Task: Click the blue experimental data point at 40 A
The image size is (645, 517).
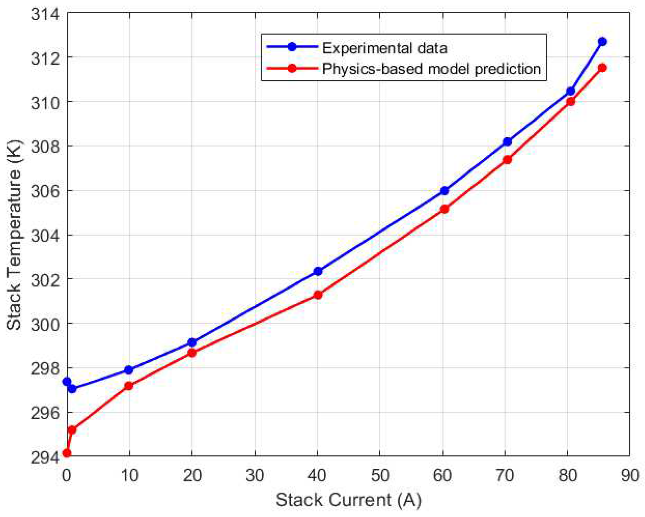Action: (x=318, y=271)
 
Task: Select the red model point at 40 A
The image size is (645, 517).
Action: (x=318, y=295)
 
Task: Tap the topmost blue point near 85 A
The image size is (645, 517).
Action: (x=602, y=42)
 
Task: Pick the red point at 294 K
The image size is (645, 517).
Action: (x=66, y=453)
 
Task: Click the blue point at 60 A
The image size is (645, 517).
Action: (x=444, y=191)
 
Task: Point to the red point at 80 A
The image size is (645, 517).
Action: (x=571, y=102)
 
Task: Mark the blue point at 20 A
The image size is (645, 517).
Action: (x=192, y=342)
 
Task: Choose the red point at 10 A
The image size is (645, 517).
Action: (x=129, y=386)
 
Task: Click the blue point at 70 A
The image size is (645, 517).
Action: (x=507, y=142)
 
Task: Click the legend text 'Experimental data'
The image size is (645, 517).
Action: (x=384, y=48)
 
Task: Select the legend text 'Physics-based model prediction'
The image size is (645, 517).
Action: (x=431, y=69)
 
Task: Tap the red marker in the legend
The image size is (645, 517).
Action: (x=292, y=68)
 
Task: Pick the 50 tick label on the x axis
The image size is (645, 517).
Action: (x=380, y=475)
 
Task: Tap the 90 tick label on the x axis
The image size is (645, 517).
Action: (x=630, y=475)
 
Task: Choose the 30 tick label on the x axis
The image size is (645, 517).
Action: (x=255, y=475)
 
